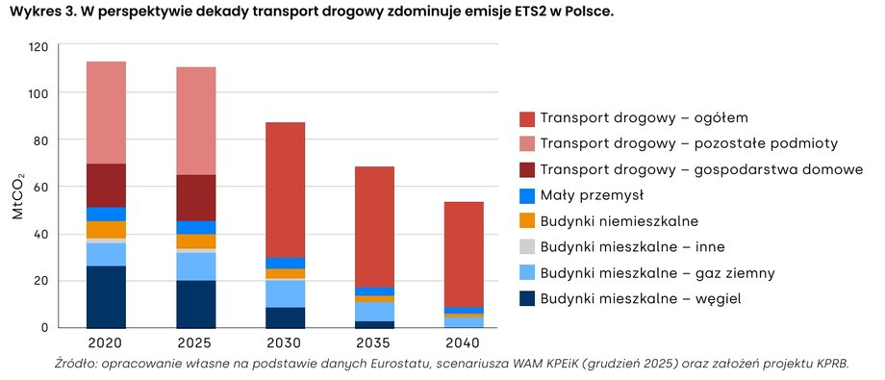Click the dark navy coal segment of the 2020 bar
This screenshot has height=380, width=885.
click(x=106, y=296)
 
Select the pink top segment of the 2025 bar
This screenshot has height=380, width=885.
click(x=195, y=120)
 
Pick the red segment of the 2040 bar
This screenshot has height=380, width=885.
click(x=464, y=254)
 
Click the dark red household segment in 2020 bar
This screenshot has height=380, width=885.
click(x=106, y=185)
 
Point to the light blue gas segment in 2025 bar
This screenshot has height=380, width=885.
click(x=195, y=266)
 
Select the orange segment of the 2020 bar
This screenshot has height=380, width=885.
click(x=106, y=229)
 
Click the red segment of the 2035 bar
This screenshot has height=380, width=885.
click(x=374, y=226)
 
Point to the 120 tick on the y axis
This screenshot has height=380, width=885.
click(x=38, y=46)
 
